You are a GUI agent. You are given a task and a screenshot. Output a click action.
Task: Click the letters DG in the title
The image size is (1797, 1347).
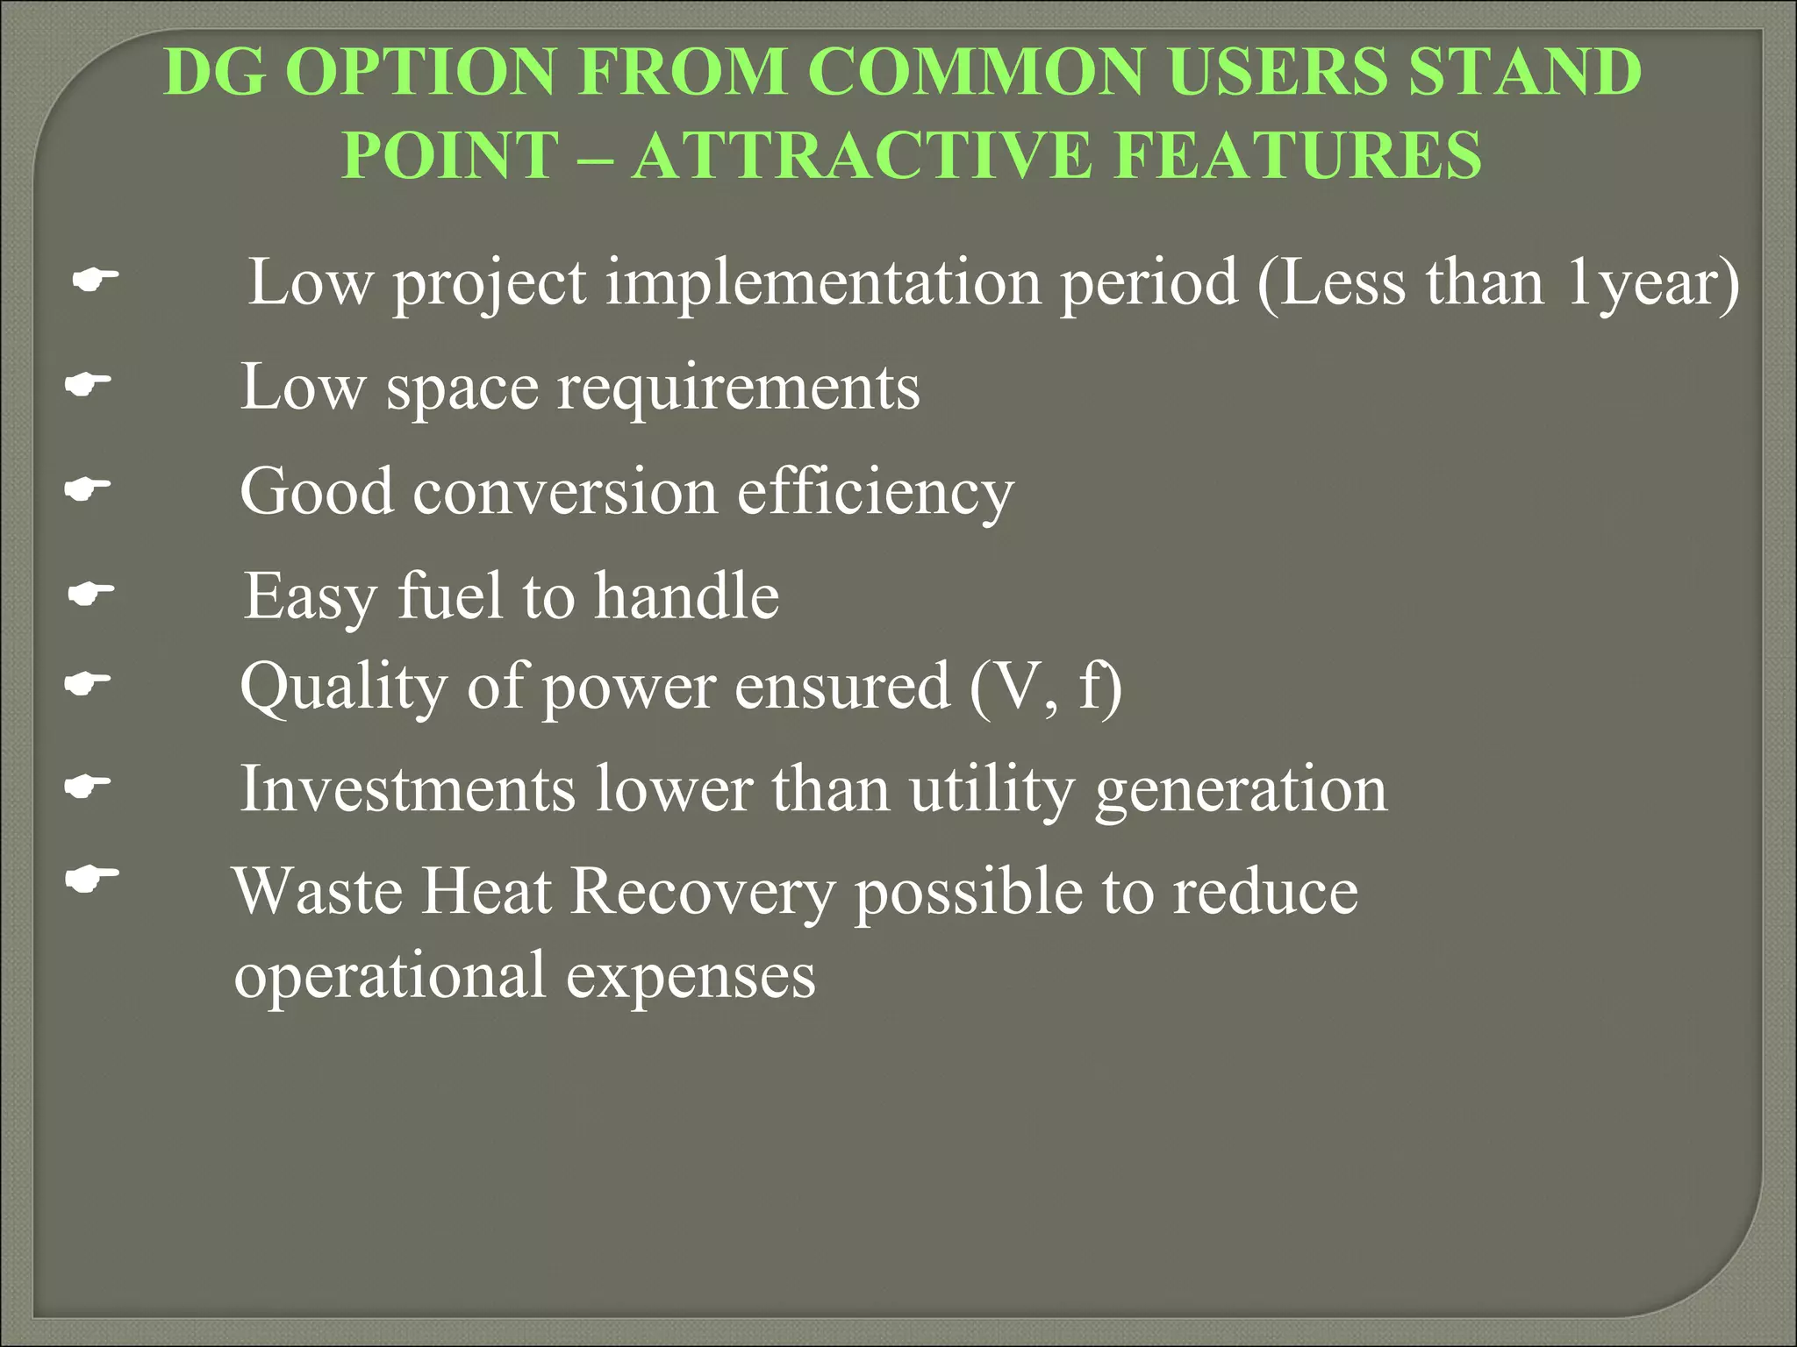(215, 72)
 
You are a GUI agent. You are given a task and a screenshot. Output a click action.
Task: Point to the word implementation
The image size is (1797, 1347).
(823, 283)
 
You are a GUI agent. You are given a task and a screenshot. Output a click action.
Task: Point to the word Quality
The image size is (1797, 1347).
(343, 687)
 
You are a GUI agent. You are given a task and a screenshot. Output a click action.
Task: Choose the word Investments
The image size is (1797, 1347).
(408, 789)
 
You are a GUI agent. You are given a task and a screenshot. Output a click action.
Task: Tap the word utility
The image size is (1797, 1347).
(992, 789)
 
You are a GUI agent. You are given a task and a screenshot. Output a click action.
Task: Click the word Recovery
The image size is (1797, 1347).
(703, 893)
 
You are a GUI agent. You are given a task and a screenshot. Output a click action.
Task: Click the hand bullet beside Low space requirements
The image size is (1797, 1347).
(88, 384)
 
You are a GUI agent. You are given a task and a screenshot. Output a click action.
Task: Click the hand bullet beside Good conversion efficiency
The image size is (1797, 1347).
(88, 489)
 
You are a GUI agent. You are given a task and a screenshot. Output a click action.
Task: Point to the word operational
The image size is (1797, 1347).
(390, 975)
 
